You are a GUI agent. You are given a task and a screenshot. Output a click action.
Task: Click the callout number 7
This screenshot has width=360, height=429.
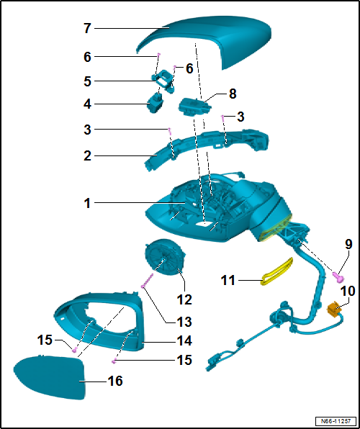[x=87, y=29]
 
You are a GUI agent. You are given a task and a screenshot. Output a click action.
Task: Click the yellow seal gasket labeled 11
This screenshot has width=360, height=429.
[x=276, y=272]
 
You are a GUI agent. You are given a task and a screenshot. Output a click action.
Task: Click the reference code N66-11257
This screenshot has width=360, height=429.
[x=336, y=420]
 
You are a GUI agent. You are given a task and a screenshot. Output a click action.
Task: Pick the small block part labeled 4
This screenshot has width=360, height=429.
[x=156, y=102]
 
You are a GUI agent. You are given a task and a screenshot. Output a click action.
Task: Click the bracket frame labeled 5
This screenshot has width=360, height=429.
[x=163, y=81]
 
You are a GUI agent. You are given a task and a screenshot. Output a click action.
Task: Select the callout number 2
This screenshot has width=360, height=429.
[x=87, y=157]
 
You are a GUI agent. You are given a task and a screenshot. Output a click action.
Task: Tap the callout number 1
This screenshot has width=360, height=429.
[x=87, y=204]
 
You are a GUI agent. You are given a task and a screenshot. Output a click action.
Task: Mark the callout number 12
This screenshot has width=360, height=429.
[x=184, y=300]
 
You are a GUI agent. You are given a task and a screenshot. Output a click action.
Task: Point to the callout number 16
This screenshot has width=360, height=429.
[x=115, y=381]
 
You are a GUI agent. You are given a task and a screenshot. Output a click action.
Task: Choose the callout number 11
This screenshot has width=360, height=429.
[x=228, y=280]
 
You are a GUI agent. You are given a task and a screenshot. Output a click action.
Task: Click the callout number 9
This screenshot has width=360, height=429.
[x=348, y=245]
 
